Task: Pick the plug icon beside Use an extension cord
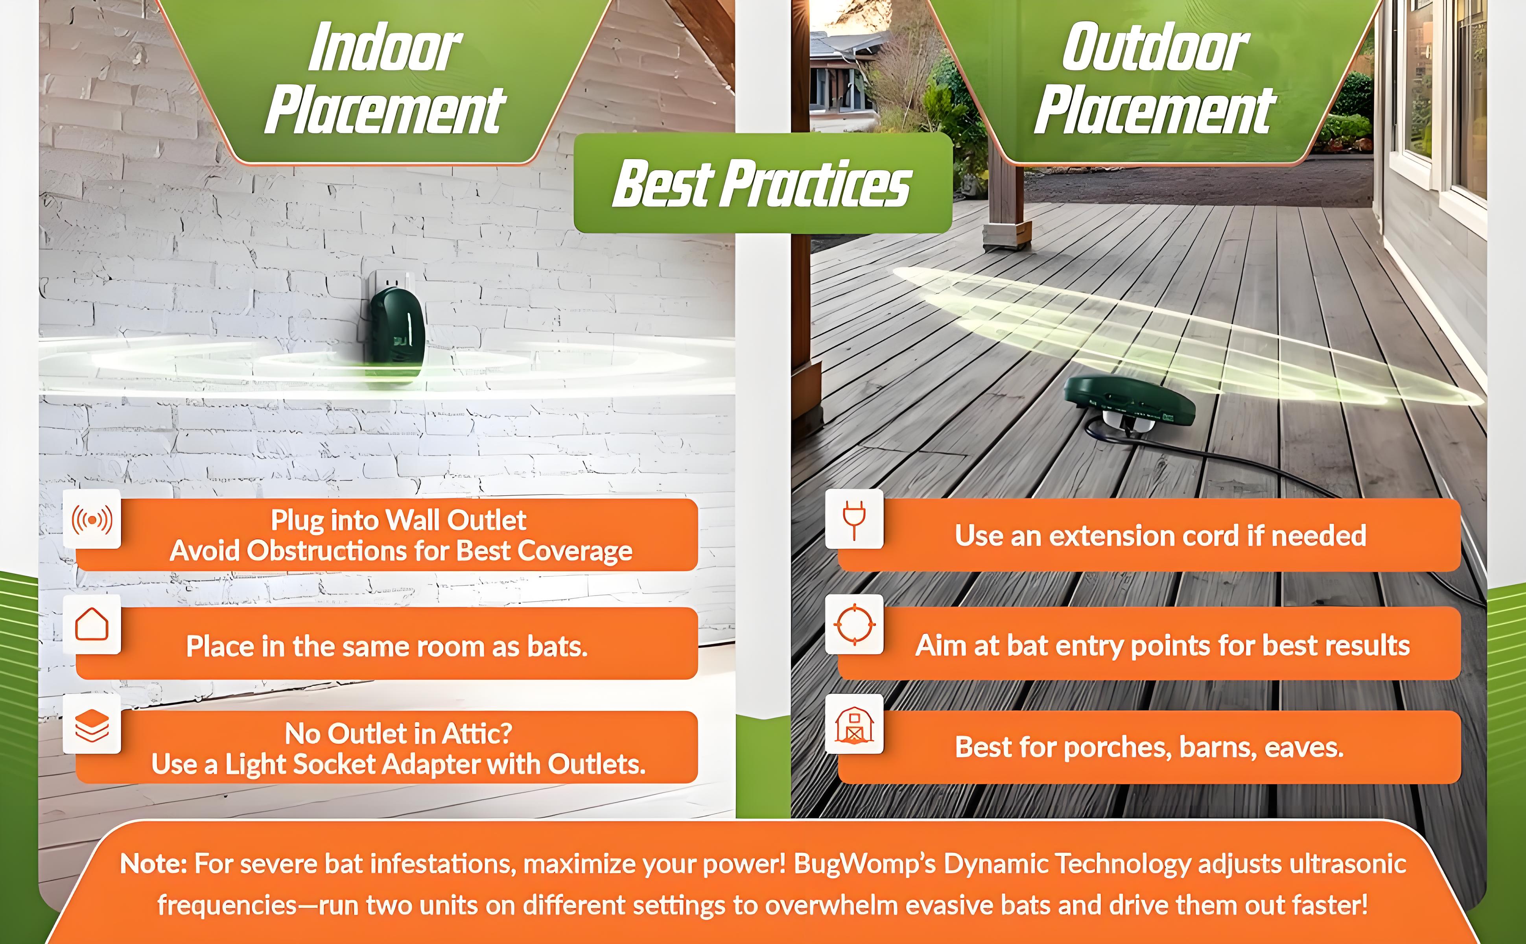coord(854,520)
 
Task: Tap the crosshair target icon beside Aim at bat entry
coord(854,624)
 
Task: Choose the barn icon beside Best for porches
coord(854,725)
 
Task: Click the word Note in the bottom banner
coord(153,865)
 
